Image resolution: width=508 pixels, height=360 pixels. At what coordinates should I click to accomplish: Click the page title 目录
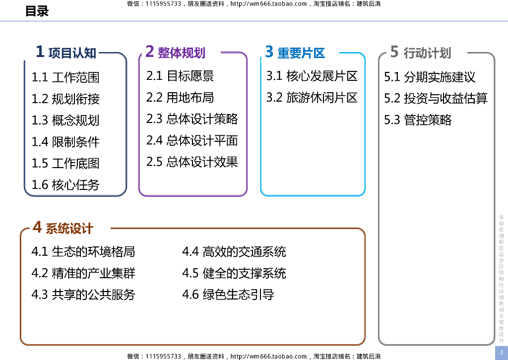(x=37, y=11)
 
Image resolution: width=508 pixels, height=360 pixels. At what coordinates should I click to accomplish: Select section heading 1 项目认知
(x=66, y=52)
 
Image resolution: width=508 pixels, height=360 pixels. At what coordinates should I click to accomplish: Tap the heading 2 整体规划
(x=175, y=52)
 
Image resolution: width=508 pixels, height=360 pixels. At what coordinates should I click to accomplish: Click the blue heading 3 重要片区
(x=295, y=52)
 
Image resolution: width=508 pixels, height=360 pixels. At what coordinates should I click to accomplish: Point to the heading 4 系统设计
(x=63, y=228)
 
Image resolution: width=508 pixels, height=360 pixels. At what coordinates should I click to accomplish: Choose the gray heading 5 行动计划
(x=420, y=52)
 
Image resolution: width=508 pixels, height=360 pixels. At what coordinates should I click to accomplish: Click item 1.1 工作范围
(x=65, y=77)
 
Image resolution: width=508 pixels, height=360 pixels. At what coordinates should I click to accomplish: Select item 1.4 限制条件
(x=65, y=142)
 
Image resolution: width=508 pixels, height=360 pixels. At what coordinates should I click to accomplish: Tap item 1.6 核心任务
(x=65, y=185)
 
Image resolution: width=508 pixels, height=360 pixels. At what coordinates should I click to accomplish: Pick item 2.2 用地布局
(x=180, y=98)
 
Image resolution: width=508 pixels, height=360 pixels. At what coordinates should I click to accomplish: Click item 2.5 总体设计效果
(x=192, y=162)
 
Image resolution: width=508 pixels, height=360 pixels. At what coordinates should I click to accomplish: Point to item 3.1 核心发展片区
(x=312, y=76)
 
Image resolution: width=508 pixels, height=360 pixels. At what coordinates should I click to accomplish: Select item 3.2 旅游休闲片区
(x=312, y=98)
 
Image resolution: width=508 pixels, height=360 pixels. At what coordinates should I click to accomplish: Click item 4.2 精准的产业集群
(x=83, y=273)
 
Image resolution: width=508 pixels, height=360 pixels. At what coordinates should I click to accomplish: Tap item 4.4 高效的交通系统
(x=234, y=252)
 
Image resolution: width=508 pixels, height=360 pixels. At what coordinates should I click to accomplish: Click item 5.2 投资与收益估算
(x=436, y=98)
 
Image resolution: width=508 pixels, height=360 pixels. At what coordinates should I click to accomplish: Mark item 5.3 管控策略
(x=418, y=120)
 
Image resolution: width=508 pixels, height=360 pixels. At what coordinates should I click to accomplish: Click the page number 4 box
(x=501, y=352)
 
